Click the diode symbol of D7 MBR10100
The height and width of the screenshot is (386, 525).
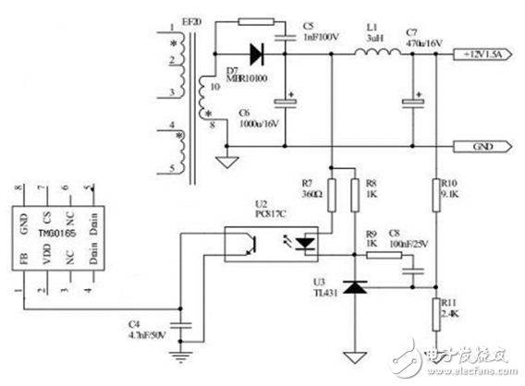coord(251,53)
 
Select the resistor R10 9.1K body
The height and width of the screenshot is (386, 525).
coord(433,196)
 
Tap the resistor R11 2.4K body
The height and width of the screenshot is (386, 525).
coord(433,312)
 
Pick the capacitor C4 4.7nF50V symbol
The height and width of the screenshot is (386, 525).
coord(183,324)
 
